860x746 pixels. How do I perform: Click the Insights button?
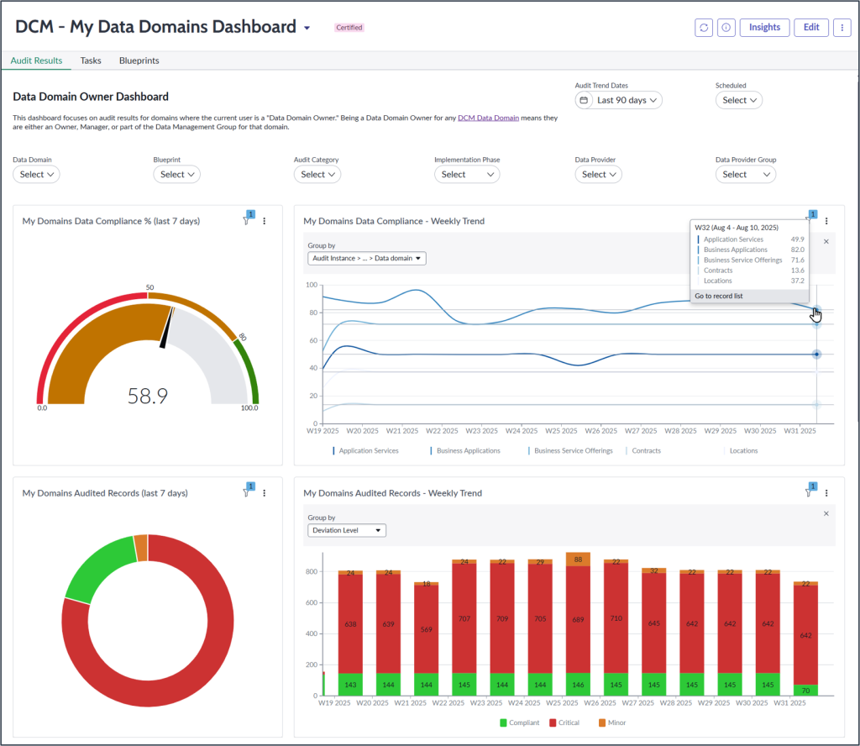(x=764, y=28)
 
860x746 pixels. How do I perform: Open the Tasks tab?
(x=91, y=60)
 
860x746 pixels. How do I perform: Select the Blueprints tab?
(x=139, y=60)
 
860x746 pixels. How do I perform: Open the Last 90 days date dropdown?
(x=619, y=100)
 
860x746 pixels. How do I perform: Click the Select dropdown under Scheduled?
(x=739, y=100)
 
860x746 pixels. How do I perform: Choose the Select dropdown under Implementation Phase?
(x=467, y=174)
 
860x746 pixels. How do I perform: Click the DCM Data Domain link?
(x=488, y=118)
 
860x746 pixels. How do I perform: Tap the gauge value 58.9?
(x=148, y=396)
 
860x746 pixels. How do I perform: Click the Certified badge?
(x=349, y=28)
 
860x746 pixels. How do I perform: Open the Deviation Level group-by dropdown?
(x=347, y=531)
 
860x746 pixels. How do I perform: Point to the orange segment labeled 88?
(x=579, y=559)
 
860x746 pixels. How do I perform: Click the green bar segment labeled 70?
(x=805, y=690)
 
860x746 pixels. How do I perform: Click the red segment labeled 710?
(x=616, y=617)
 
